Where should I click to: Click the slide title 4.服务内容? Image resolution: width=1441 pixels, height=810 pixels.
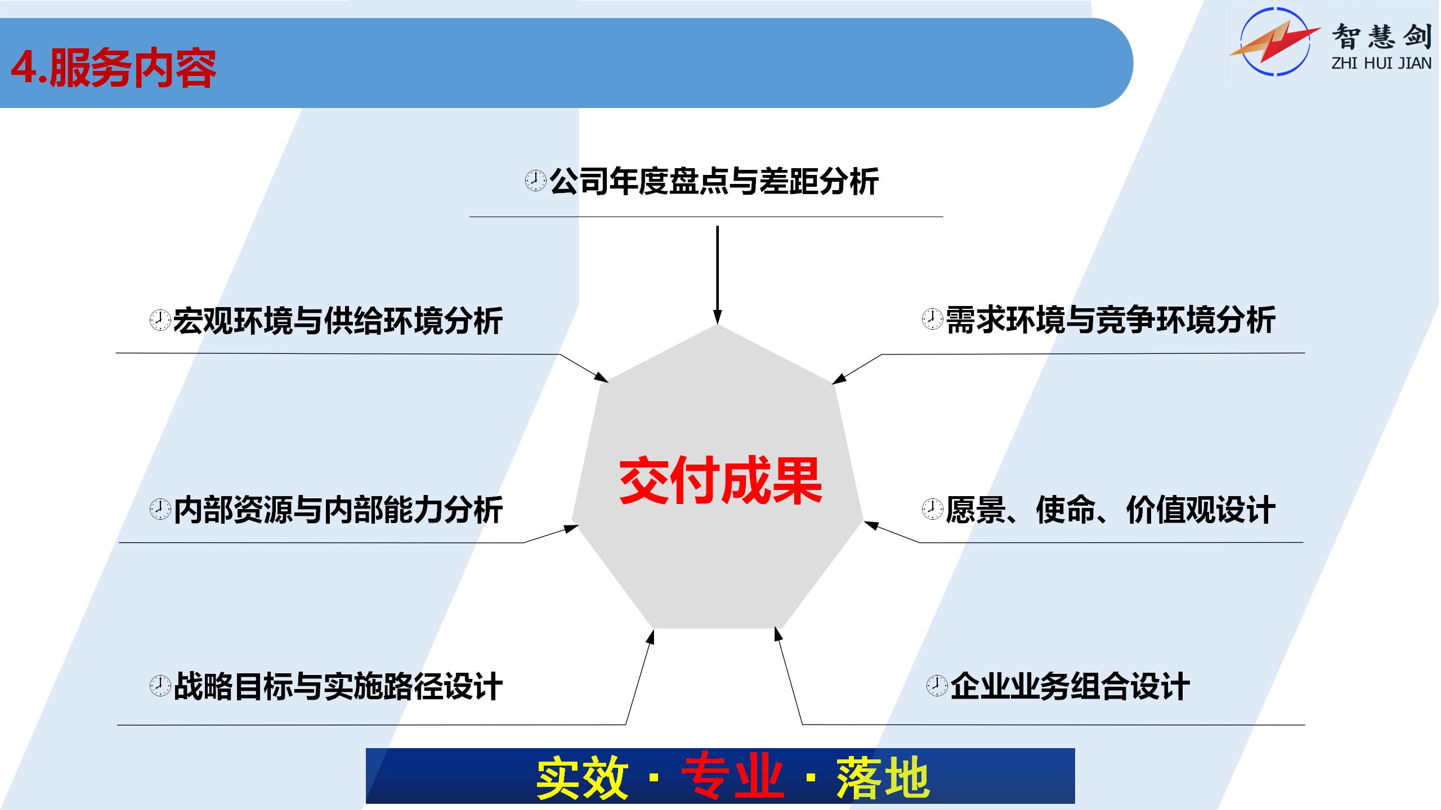(x=113, y=69)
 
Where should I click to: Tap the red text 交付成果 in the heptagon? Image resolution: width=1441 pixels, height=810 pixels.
(x=720, y=481)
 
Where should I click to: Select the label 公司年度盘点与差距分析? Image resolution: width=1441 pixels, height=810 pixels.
(x=714, y=181)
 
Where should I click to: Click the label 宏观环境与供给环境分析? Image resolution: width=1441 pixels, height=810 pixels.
(x=338, y=321)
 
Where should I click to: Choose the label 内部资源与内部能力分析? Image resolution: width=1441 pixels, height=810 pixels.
(x=338, y=510)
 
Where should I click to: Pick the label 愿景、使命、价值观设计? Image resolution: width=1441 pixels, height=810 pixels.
(x=1111, y=510)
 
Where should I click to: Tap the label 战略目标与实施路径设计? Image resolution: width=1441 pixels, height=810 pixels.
(x=338, y=686)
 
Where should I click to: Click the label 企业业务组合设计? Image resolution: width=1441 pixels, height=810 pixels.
(x=1070, y=686)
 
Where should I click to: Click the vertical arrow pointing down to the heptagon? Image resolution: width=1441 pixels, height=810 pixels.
(x=717, y=275)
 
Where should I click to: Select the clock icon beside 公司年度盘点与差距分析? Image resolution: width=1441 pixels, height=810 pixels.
(x=535, y=181)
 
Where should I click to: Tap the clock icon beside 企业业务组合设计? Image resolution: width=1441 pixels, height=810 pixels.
(x=937, y=686)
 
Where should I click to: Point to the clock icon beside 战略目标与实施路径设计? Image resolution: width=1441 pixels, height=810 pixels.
(x=160, y=686)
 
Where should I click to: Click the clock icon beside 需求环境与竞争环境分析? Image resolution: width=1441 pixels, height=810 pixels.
(x=932, y=319)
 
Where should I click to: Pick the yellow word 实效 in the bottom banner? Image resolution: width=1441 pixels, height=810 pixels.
(x=582, y=777)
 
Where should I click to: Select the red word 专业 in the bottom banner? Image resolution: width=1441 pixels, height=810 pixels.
(x=733, y=777)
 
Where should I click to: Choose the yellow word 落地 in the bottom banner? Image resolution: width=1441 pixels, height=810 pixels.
(x=883, y=777)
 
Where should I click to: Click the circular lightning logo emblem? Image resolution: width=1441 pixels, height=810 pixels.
(x=1276, y=42)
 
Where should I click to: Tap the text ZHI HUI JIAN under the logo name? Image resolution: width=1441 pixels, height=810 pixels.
(x=1381, y=64)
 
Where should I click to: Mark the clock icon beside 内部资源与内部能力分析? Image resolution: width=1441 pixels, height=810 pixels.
(x=160, y=509)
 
